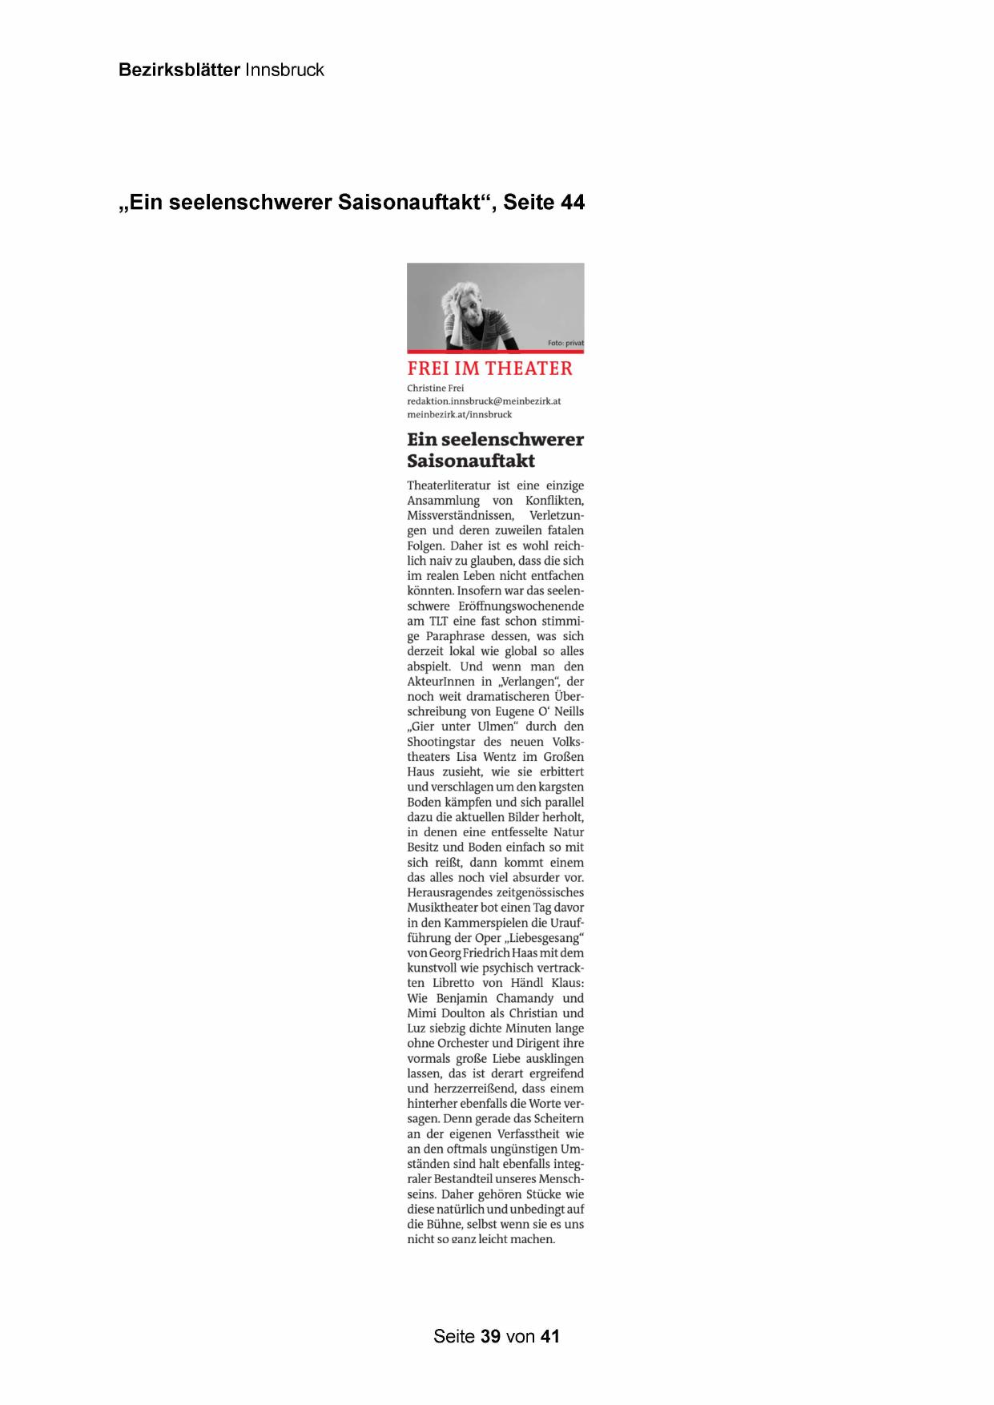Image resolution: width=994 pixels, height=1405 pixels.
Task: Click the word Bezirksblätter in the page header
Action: pyautogui.click(x=179, y=70)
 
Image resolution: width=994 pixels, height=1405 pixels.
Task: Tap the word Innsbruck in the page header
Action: pyautogui.click(x=284, y=70)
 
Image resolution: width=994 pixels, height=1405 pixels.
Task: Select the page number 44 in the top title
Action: pyautogui.click(x=572, y=203)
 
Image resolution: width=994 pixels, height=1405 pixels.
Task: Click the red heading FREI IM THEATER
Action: pyautogui.click(x=489, y=368)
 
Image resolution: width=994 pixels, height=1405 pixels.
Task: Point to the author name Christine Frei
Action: pyautogui.click(x=435, y=388)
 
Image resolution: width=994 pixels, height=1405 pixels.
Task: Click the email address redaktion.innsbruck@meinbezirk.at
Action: pyautogui.click(x=483, y=401)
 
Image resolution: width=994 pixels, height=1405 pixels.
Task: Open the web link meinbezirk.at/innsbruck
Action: pyautogui.click(x=459, y=414)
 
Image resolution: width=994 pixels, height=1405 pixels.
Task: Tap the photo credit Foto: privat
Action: pyautogui.click(x=565, y=343)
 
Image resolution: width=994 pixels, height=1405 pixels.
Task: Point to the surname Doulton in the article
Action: pyautogui.click(x=465, y=1013)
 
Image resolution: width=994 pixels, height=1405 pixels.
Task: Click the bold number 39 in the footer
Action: pyautogui.click(x=490, y=1336)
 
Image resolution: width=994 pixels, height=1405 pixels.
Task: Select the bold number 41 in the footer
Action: pyautogui.click(x=549, y=1336)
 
